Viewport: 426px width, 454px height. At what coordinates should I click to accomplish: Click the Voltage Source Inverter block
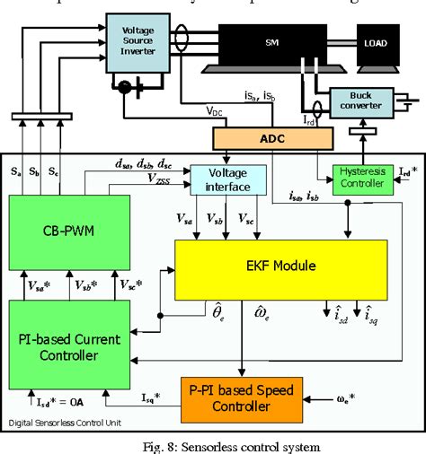coord(131,39)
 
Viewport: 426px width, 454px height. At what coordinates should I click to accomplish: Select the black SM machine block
coord(271,44)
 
